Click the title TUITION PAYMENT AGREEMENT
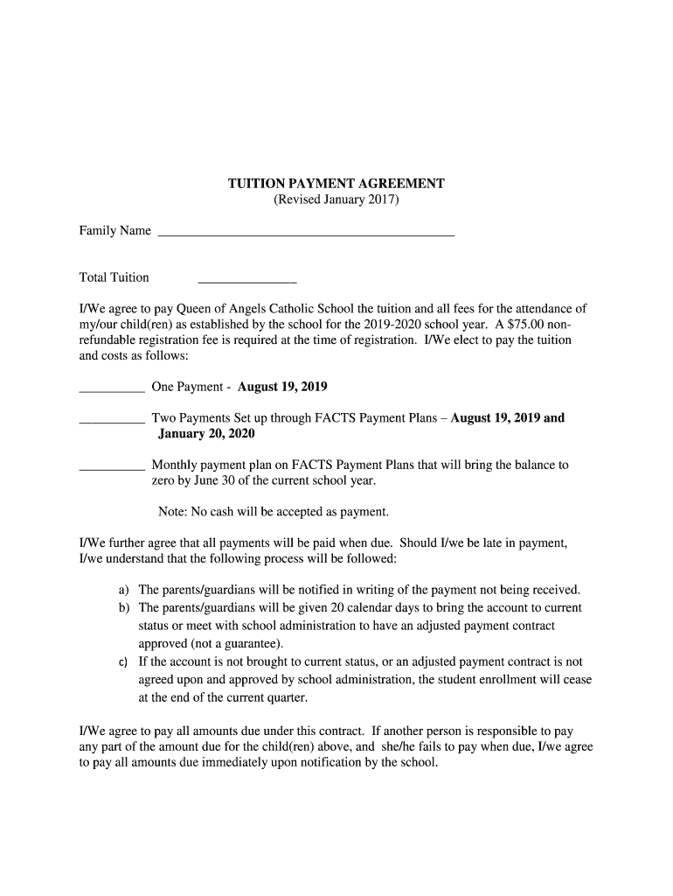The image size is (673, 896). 336,184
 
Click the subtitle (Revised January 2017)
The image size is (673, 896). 336,199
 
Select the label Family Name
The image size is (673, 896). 115,231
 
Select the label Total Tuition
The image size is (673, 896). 114,277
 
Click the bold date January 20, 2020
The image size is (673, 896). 206,434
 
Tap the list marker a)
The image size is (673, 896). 124,591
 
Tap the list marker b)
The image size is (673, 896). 124,607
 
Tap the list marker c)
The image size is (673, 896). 124,662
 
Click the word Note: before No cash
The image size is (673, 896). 173,512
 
